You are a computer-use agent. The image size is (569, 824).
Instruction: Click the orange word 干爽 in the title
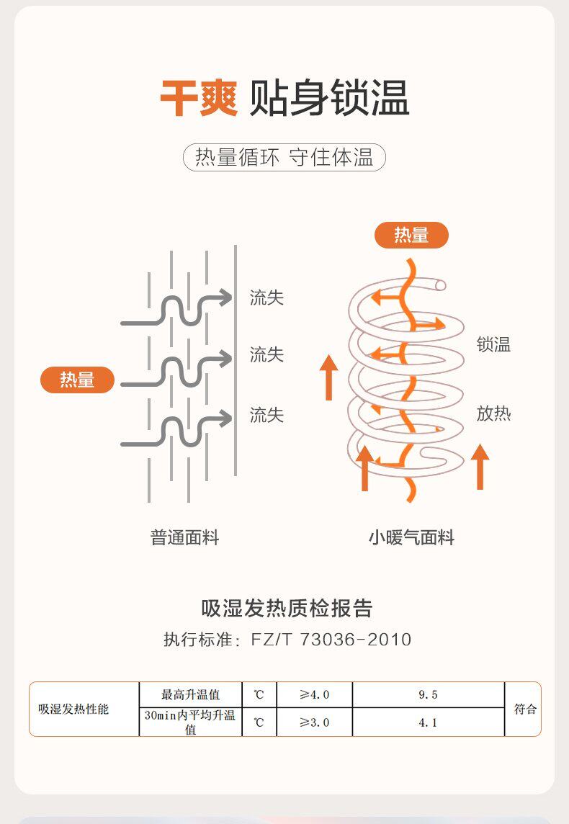199,99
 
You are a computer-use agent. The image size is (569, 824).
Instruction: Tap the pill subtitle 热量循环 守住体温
284,158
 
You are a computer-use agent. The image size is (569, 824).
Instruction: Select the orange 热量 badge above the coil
411,235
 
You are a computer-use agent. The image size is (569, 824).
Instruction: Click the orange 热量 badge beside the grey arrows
77,380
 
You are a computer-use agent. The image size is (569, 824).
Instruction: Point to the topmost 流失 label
266,297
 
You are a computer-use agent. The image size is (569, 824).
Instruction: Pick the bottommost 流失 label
266,415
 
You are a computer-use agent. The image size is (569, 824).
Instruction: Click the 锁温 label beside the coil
493,345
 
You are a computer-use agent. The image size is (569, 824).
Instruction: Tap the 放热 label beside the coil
493,413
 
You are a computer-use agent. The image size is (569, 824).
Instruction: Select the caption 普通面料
185,537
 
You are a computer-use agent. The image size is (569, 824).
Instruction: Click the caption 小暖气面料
411,537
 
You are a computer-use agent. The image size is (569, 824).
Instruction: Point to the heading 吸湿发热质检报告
287,609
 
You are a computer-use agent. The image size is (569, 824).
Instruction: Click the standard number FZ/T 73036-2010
331,640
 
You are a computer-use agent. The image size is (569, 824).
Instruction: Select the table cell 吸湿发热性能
73,709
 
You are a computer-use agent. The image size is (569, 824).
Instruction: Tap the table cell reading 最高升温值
190,695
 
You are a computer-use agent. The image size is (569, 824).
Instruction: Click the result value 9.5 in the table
428,695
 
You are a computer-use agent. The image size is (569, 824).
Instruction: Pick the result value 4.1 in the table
428,722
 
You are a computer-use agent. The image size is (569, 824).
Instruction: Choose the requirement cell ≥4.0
314,695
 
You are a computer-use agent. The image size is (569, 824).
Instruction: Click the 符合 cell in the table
525,709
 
